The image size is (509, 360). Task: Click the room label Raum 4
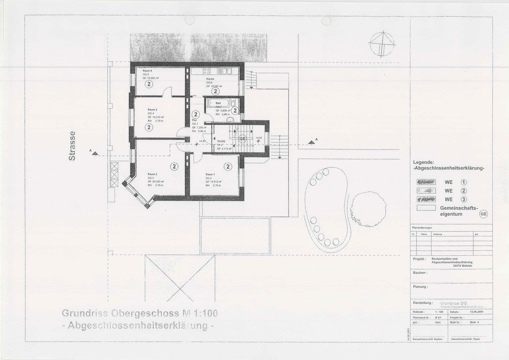click(x=147, y=71)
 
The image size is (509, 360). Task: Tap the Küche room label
click(x=210, y=79)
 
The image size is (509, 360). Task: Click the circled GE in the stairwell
click(x=243, y=139)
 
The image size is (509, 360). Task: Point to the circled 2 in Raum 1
click(x=228, y=166)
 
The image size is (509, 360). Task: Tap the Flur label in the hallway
click(x=195, y=120)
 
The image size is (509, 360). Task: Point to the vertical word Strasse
click(x=72, y=146)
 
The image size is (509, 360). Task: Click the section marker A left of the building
click(x=95, y=153)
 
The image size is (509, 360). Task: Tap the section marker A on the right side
click(x=311, y=142)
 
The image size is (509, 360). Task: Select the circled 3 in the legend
click(x=464, y=199)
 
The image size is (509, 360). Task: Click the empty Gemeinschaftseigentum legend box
click(x=426, y=208)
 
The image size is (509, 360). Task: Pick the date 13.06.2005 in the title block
click(x=476, y=312)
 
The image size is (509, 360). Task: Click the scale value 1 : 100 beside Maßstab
click(x=439, y=312)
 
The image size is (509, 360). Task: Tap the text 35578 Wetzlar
click(x=462, y=266)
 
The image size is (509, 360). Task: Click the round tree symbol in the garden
click(x=368, y=208)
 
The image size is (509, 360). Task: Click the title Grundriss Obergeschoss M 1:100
click(x=140, y=313)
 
